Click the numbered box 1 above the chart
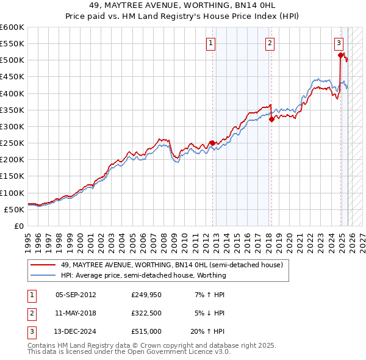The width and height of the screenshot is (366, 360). tap(210, 43)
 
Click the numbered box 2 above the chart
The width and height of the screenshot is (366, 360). tap(269, 43)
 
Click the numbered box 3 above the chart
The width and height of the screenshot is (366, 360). tap(339, 43)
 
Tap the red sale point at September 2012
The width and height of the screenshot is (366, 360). tap(212, 143)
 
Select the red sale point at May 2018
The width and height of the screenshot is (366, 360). tap(271, 119)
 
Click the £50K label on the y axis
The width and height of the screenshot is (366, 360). tap(14, 209)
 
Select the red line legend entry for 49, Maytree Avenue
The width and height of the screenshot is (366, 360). tap(171, 265)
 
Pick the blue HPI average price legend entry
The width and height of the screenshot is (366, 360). tap(143, 275)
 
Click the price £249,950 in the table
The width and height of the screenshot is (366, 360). tap(146, 295)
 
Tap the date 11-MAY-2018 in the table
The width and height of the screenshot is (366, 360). tap(76, 313)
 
